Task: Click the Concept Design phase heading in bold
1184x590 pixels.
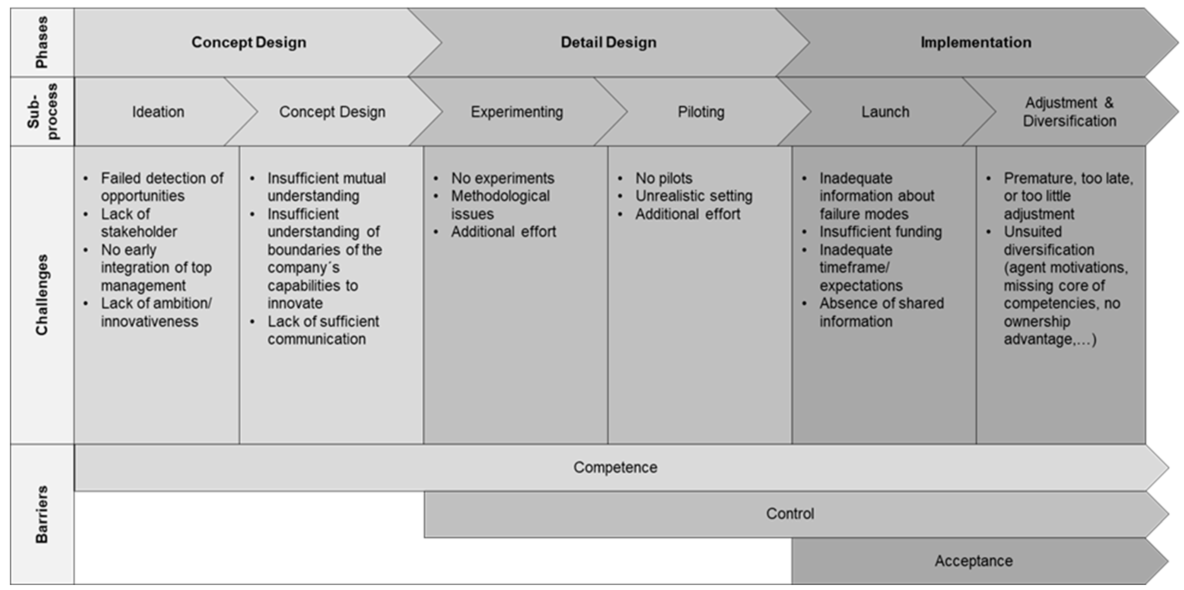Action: point(249,42)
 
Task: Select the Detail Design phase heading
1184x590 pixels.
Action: point(608,42)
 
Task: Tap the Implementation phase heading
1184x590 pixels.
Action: point(975,42)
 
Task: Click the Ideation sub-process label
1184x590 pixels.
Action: point(158,112)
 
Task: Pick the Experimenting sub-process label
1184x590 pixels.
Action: point(517,112)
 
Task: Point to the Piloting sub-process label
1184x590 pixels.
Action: point(701,112)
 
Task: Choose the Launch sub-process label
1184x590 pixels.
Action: point(885,112)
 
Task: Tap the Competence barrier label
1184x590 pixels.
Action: point(615,467)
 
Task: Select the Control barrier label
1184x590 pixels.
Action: point(790,514)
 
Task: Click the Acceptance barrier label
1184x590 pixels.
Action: point(973,561)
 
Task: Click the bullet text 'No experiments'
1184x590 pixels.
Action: point(502,178)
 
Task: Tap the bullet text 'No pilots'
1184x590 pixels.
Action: point(664,178)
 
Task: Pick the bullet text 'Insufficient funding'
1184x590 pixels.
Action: point(880,232)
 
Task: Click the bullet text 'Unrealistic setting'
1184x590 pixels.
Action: point(693,196)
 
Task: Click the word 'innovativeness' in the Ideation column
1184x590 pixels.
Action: point(149,321)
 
